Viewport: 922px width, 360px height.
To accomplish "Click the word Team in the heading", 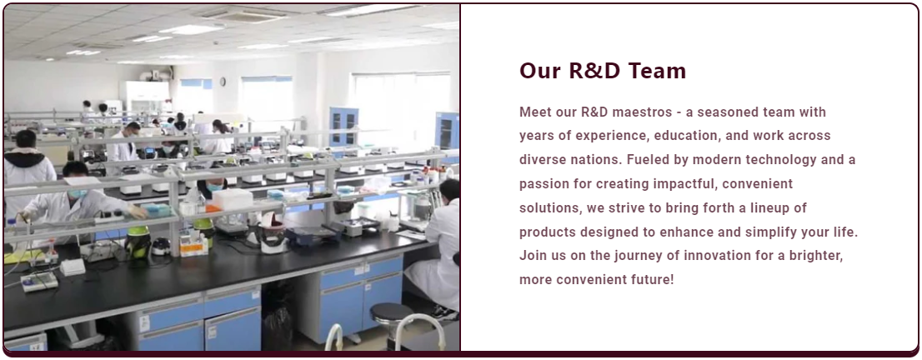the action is click(x=657, y=71).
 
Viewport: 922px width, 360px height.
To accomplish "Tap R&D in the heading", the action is click(x=596, y=71).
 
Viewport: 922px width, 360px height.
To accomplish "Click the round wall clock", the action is click(x=223, y=81).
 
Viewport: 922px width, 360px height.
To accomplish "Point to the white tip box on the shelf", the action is click(x=233, y=199).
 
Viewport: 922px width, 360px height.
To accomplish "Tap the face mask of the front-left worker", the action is click(x=78, y=193).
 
